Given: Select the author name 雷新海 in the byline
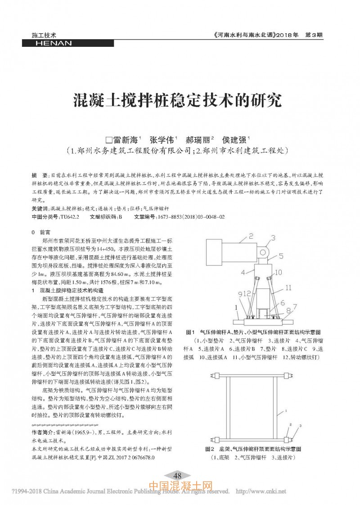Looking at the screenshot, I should tap(124, 139).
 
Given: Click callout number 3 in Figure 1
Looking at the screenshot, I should tap(273, 237).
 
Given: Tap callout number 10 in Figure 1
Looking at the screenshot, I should tap(278, 272).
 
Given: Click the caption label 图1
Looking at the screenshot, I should tap(191, 332).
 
